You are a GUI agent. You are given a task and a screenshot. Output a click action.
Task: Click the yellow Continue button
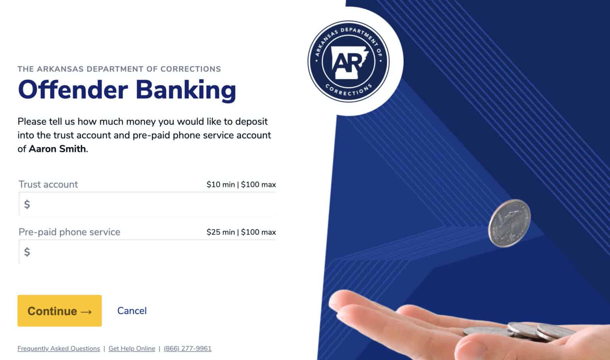(60, 310)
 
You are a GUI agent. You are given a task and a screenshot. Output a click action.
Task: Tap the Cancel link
(132, 311)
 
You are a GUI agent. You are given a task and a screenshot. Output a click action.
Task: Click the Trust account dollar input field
(147, 204)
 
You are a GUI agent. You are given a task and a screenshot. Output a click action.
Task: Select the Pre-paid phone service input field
(147, 252)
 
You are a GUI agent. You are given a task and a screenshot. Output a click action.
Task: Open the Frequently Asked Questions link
(58, 348)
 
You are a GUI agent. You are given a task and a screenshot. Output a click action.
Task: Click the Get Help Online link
(132, 348)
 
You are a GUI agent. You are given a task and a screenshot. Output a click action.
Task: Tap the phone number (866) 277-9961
(187, 348)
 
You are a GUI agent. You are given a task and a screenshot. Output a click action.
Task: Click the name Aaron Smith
(57, 149)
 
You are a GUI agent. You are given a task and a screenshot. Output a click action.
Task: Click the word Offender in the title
(73, 90)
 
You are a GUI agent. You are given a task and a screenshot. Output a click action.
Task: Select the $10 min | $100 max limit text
(241, 185)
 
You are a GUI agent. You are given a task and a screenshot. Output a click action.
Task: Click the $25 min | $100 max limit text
(241, 232)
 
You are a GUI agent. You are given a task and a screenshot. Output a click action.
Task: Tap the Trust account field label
(48, 185)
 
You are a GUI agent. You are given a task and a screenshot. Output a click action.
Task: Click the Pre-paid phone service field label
(69, 232)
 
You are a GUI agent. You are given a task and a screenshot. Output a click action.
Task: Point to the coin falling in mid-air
(509, 223)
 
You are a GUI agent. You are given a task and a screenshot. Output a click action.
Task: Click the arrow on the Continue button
(86, 312)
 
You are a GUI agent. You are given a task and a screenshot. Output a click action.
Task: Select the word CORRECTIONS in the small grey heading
(191, 69)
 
